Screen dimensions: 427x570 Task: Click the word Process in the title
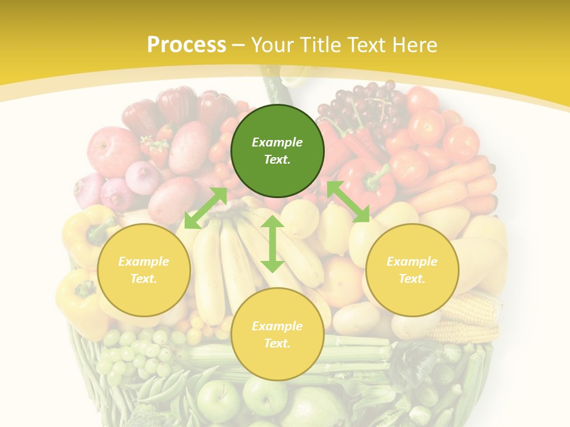click(x=186, y=45)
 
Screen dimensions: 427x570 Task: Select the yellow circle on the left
click(x=144, y=270)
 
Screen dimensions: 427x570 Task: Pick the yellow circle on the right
click(x=412, y=270)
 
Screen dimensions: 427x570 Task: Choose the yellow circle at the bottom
click(x=277, y=334)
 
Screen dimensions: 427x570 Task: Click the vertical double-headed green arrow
click(x=273, y=244)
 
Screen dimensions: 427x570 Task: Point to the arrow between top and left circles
click(x=205, y=208)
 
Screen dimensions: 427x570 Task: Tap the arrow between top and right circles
click(x=348, y=202)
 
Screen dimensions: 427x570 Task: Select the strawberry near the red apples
click(x=156, y=148)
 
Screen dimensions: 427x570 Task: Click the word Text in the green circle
click(x=277, y=160)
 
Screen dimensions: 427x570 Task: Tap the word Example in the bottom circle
click(x=277, y=326)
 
